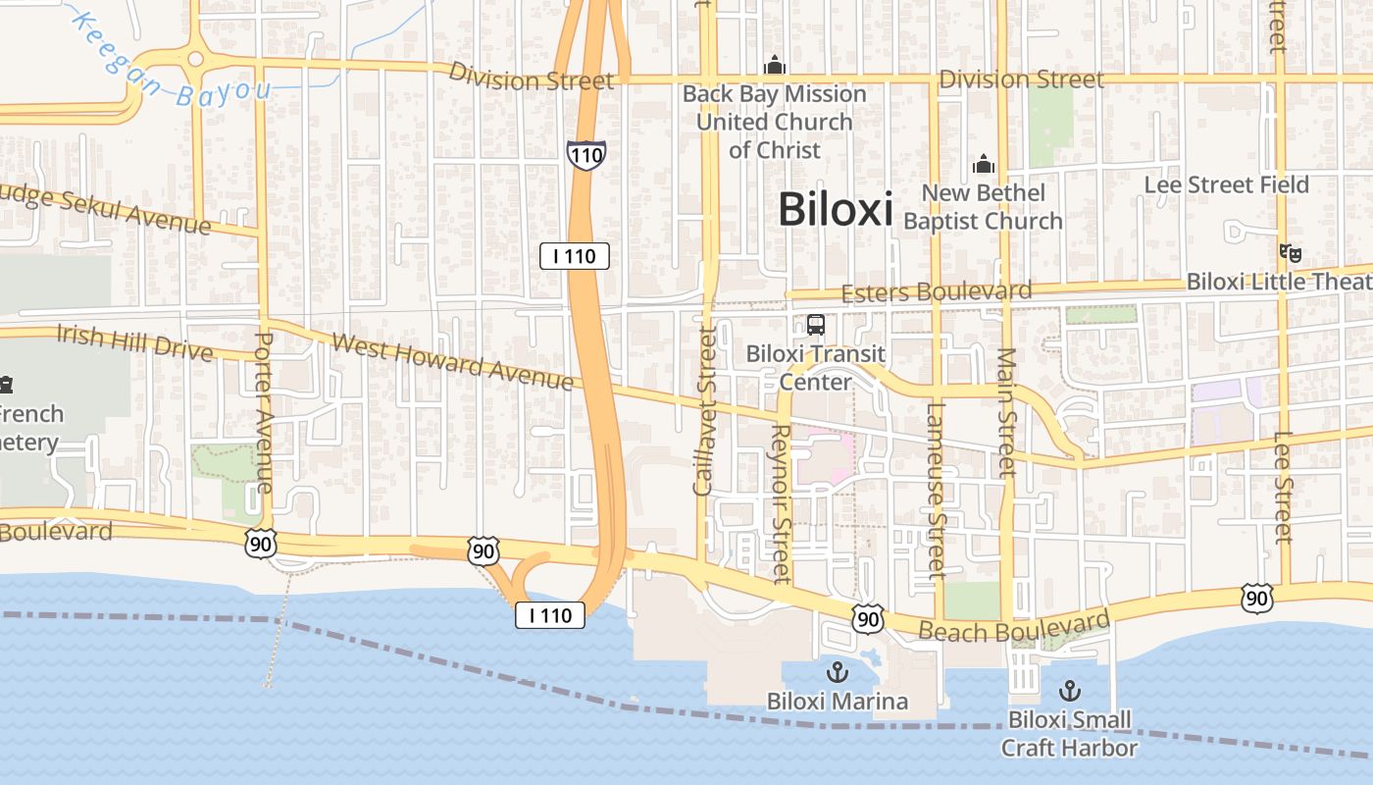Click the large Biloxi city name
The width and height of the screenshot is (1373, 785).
[x=836, y=209]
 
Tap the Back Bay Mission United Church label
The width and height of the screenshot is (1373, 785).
[x=775, y=122]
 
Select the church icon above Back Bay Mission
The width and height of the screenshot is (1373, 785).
[x=775, y=66]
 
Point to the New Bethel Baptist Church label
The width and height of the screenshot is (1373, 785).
[x=983, y=207]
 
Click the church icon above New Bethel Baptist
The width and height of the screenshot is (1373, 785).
[x=983, y=165]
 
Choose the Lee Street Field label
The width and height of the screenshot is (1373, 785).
[x=1226, y=184]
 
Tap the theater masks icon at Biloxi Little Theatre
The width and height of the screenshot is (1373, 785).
[x=1291, y=253]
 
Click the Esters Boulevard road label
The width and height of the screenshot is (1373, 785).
[x=937, y=291]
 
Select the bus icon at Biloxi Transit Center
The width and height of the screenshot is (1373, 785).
[x=815, y=325]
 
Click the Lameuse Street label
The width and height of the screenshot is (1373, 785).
[x=935, y=489]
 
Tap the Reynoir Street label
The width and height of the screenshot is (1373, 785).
[x=781, y=502]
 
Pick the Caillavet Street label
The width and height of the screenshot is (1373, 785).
[x=703, y=411]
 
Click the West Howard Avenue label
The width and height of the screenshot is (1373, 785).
[x=452, y=362]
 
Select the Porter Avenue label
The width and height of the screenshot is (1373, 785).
[x=263, y=412]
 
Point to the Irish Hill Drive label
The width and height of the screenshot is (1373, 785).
[x=134, y=341]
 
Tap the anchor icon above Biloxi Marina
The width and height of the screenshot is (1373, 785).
[x=838, y=672]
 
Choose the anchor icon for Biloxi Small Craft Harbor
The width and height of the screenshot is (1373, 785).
[x=1069, y=690]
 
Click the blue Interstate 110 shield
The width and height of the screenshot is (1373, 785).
[x=585, y=154]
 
